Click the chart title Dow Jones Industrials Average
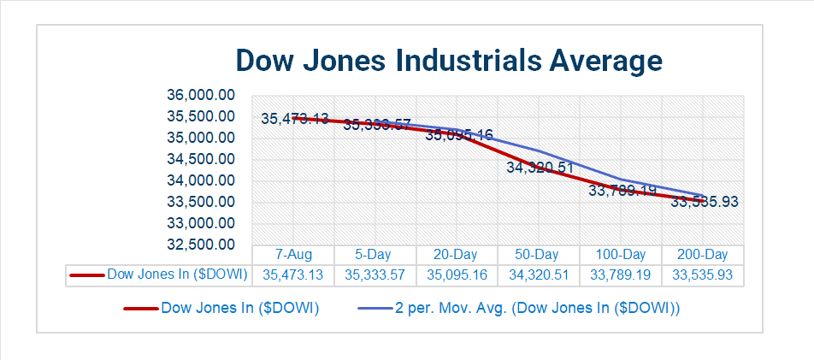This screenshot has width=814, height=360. pyautogui.click(x=448, y=62)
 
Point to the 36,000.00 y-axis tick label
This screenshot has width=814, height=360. pyautogui.click(x=200, y=95)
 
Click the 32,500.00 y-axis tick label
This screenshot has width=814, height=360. pyautogui.click(x=200, y=245)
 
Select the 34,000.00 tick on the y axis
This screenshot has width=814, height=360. pyautogui.click(x=200, y=180)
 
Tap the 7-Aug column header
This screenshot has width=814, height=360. pyautogui.click(x=293, y=255)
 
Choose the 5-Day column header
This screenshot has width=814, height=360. pyautogui.click(x=375, y=255)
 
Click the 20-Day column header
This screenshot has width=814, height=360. pyautogui.click(x=457, y=255)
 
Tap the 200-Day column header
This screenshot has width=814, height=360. pyautogui.click(x=702, y=255)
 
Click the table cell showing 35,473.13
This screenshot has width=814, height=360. pyautogui.click(x=293, y=275)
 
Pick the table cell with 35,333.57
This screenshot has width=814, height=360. pyautogui.click(x=375, y=275)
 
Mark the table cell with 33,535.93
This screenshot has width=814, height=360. pyautogui.click(x=702, y=275)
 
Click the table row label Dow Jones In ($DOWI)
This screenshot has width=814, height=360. pyautogui.click(x=176, y=274)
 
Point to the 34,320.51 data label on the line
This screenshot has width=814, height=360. pyautogui.click(x=540, y=168)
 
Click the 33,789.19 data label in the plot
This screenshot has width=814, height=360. pyautogui.click(x=622, y=190)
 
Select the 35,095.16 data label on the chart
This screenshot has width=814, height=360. pyautogui.click(x=458, y=134)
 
